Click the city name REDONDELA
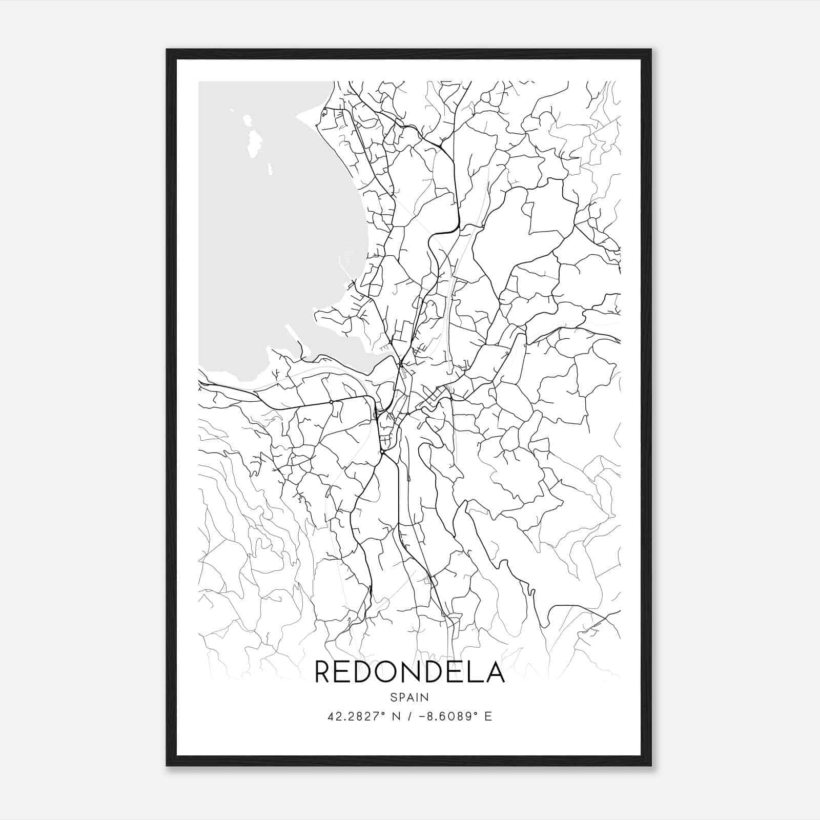coord(409,672)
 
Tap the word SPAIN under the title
coord(409,697)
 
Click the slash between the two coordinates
coord(406,716)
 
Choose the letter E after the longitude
coord(488,716)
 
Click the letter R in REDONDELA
coord(323,672)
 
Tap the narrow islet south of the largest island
coord(269,168)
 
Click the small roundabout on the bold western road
coord(332,402)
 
